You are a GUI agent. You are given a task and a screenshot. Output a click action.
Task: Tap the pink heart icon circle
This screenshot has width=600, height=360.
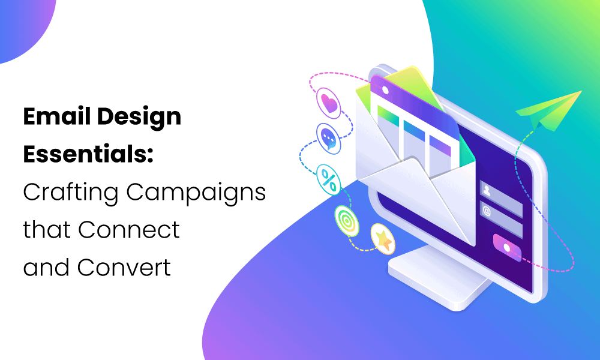(328, 103)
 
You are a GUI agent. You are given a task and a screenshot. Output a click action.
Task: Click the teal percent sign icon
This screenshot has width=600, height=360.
(329, 178)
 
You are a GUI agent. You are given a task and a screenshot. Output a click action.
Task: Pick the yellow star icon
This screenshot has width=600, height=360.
(382, 238)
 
